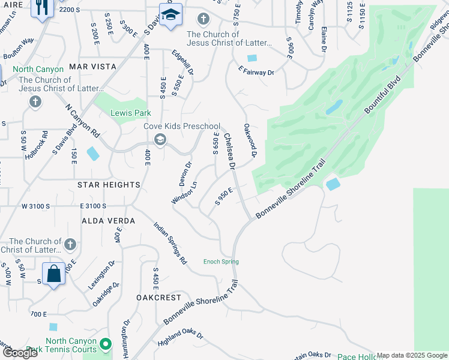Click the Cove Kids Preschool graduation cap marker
click(160, 140)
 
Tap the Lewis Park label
click(130, 113)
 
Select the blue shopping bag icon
click(54, 274)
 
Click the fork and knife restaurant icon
click(41, 8)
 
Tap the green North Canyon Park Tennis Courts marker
click(106, 344)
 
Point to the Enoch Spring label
click(221, 262)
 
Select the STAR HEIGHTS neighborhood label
click(109, 185)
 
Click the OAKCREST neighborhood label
click(158, 298)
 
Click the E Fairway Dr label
click(256, 72)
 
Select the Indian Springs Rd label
click(170, 244)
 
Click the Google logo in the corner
click(20, 353)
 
